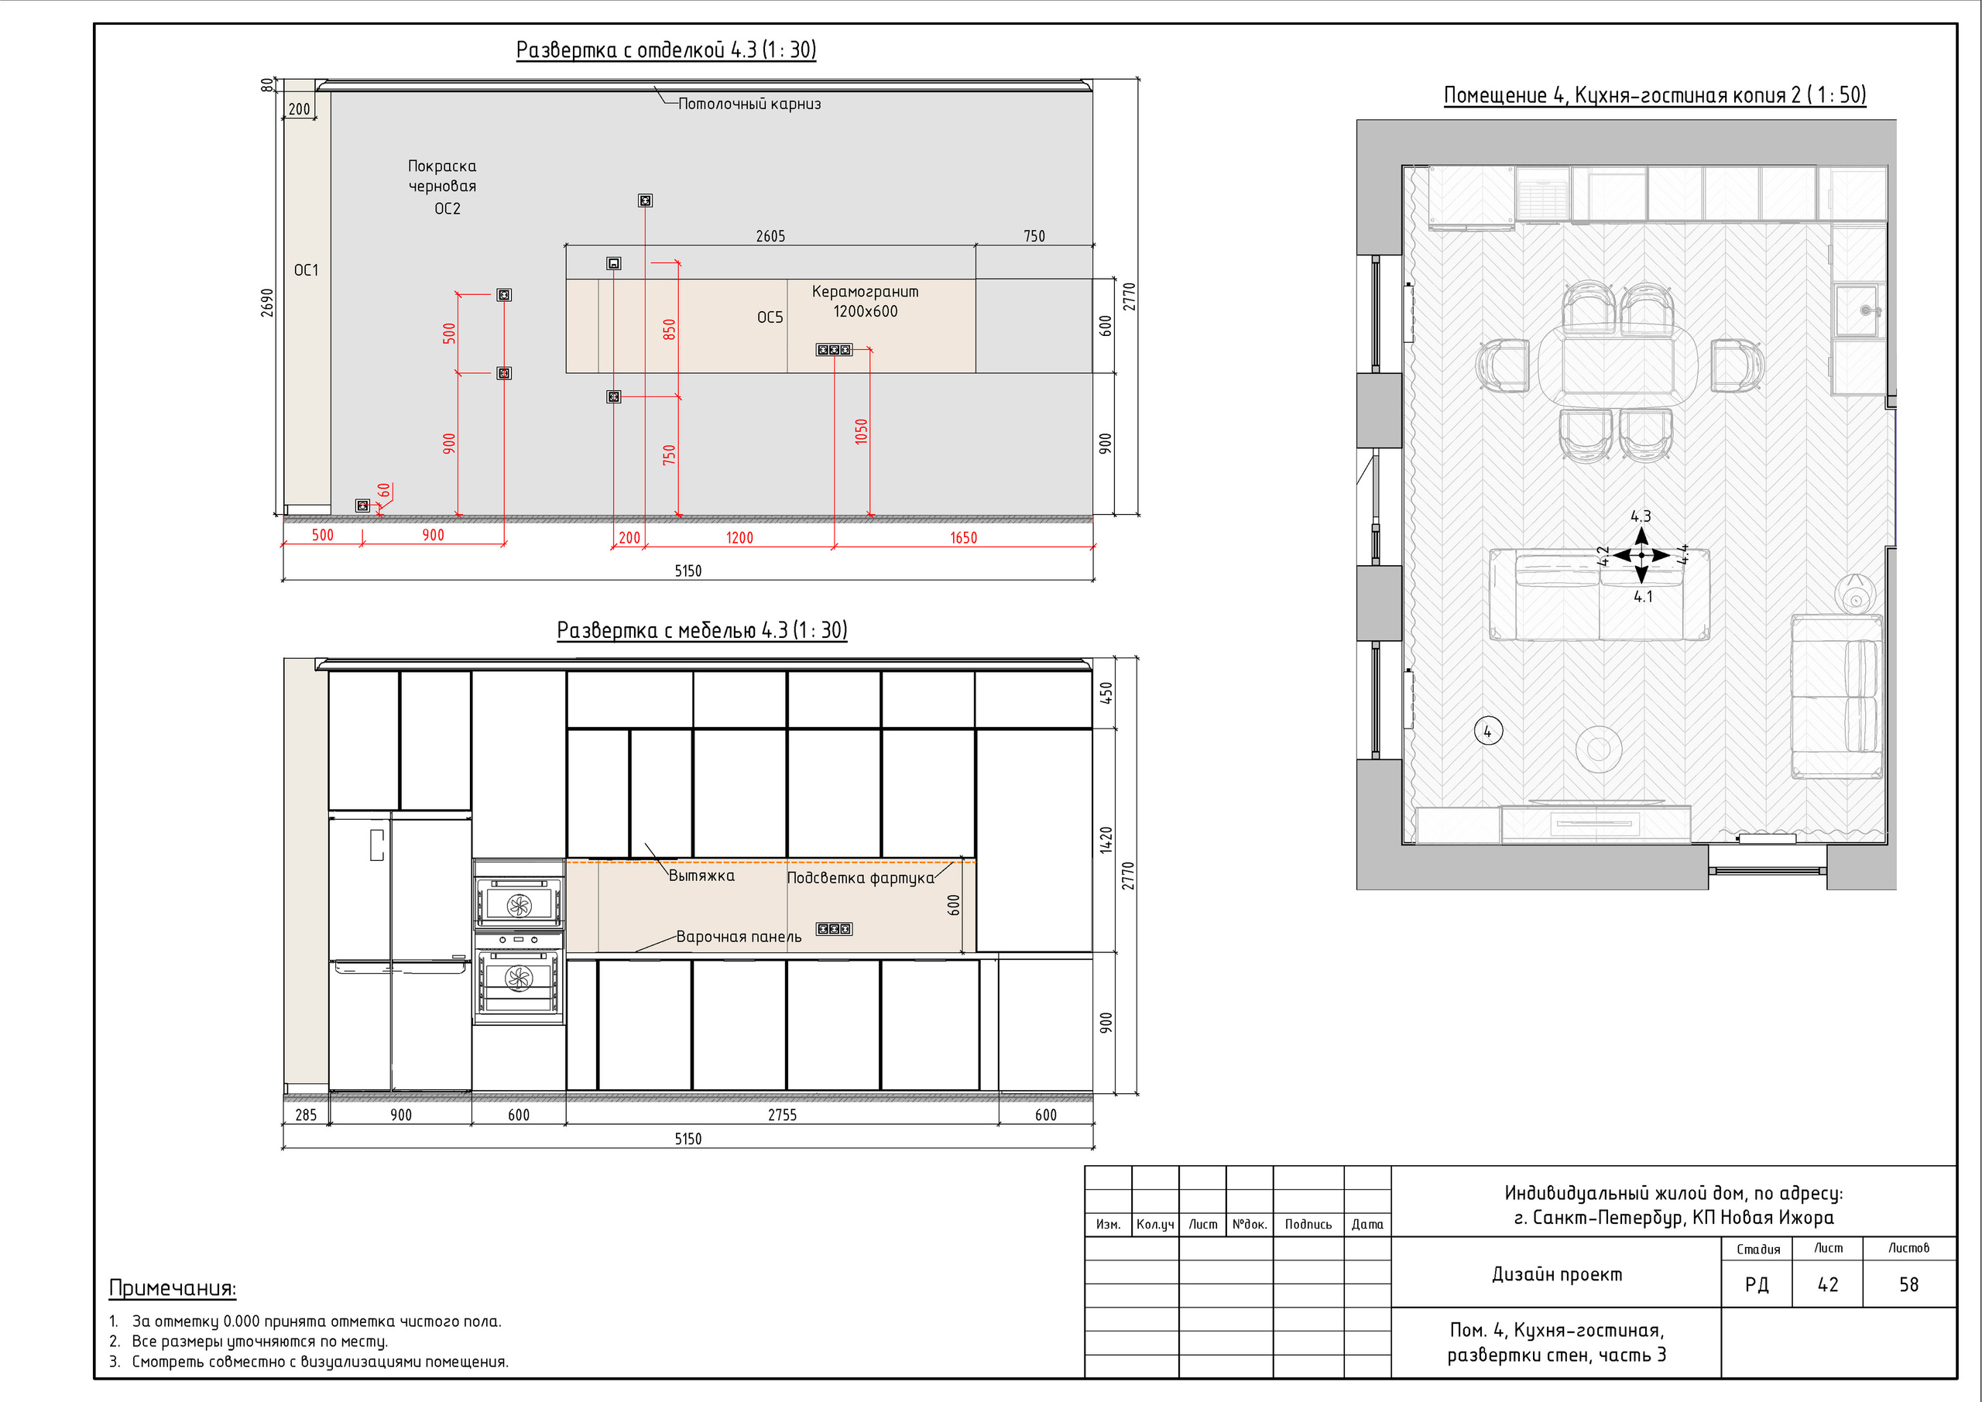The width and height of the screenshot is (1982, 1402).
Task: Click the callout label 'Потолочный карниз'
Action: tap(749, 104)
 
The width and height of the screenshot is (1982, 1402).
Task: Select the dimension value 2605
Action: tap(771, 235)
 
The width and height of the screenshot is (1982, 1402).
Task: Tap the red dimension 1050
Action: tap(861, 432)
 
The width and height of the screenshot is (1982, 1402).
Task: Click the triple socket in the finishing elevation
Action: tap(834, 350)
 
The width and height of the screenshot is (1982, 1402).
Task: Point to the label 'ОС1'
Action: tap(307, 270)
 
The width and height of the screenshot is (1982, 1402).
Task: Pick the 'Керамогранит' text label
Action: tap(865, 292)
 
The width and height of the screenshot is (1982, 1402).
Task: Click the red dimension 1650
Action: tap(963, 538)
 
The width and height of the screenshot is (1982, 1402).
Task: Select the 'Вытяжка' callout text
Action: tap(701, 876)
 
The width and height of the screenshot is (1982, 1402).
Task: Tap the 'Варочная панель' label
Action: tap(739, 937)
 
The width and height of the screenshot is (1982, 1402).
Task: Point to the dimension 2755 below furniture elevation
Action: tap(782, 1115)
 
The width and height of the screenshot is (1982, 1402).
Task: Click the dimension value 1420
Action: tap(1106, 840)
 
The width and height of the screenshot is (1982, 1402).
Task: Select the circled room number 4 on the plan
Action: tap(1487, 732)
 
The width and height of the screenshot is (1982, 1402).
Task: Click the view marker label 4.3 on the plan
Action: tap(1640, 516)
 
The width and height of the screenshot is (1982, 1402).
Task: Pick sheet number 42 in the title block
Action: tap(1827, 1284)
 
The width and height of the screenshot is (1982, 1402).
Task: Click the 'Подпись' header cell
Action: tap(1308, 1224)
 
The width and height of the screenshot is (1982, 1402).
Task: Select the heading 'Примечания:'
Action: tap(173, 1288)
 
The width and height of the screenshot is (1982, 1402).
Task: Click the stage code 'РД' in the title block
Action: tap(1757, 1284)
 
